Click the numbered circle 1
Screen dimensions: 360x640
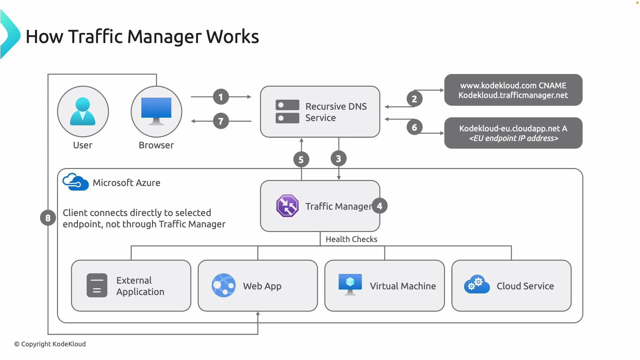pos(221,97)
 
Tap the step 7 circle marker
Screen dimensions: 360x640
pos(221,121)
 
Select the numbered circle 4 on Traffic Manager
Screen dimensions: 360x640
pos(379,206)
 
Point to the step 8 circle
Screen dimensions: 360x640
pos(48,218)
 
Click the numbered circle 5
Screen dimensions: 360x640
pos(301,160)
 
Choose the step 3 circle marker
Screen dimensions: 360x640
pos(338,159)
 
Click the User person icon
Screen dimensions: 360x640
pos(83,111)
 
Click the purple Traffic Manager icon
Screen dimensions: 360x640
pos(287,206)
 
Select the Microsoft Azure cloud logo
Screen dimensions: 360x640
pos(76,182)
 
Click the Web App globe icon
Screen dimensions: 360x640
pos(223,285)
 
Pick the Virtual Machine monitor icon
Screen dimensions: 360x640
pos(350,284)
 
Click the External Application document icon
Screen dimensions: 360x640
pos(97,285)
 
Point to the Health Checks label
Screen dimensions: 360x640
pos(351,239)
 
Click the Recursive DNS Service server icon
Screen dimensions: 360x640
pos(287,112)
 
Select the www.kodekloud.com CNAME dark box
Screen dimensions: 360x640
pos(513,90)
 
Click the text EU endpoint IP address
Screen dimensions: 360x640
pos(513,138)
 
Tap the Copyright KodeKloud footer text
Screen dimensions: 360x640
pos(50,344)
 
